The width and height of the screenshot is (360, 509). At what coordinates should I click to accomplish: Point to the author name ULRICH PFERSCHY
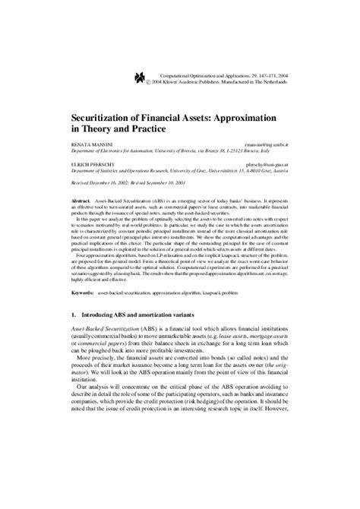pos(93,166)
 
